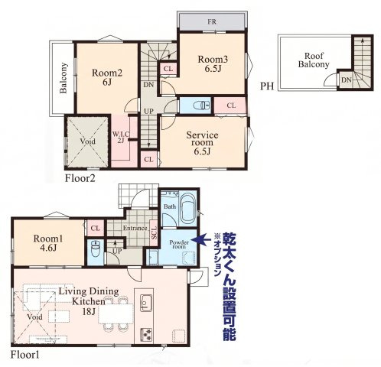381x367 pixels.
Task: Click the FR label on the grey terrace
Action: point(212,21)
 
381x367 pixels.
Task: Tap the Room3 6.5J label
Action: point(213,63)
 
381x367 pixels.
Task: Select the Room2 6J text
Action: point(107,77)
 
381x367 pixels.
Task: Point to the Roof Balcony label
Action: point(314,60)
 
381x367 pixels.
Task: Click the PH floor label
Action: point(267,86)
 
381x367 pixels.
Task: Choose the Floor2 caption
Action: point(80,178)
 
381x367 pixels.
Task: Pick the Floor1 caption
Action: point(25,355)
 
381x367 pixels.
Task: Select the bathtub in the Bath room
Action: point(188,208)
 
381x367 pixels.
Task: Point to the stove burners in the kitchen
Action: point(146,335)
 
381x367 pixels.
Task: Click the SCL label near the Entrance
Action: point(154,233)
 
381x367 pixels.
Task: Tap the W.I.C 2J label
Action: point(121,137)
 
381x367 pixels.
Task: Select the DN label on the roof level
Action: point(347,80)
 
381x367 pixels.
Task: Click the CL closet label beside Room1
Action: point(96,228)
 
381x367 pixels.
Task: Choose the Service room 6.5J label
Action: point(202,143)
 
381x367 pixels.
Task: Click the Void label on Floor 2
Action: point(88,141)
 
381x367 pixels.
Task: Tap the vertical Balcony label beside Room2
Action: point(63,78)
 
